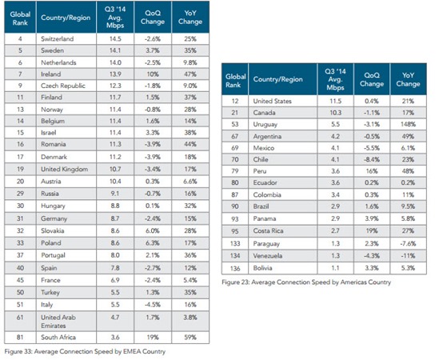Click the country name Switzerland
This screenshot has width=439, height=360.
coord(57,38)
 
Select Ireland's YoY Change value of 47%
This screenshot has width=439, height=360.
coord(190,74)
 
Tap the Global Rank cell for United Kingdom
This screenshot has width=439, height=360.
coord(20,170)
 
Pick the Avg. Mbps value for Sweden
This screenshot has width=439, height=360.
coord(115,50)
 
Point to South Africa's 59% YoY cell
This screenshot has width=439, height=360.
coord(190,338)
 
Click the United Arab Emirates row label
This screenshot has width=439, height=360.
coord(58,322)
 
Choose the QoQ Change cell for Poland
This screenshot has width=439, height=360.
coord(153,243)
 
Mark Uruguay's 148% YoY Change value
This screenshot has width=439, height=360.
coord(408,124)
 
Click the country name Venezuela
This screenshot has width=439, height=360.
coord(267,256)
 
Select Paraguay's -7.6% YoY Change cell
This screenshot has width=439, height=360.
coord(408,243)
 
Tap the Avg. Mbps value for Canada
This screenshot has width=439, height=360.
coord(335,113)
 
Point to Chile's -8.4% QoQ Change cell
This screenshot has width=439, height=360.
coord(372,159)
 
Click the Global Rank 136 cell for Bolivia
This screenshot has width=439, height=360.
coord(235,268)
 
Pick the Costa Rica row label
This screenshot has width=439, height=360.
coord(268,231)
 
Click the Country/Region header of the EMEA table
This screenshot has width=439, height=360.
coord(66,18)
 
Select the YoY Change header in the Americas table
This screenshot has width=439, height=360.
coord(408,79)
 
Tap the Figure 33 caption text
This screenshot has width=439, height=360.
coord(85,351)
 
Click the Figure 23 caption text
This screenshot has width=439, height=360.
coord(306,282)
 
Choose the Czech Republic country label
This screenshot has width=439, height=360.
coord(63,86)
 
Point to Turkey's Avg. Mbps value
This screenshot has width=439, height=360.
coord(115,292)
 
